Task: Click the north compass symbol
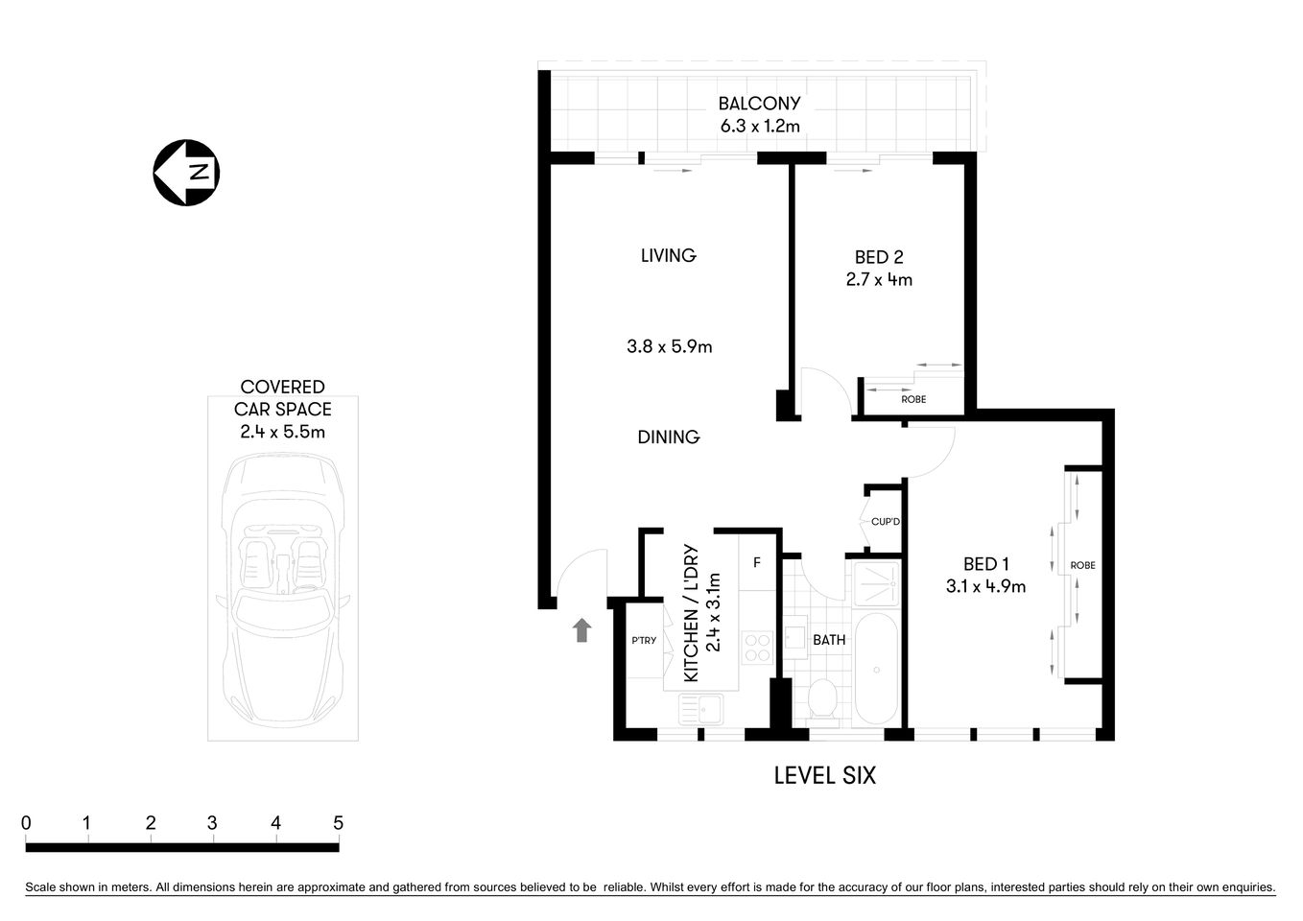pos(187,173)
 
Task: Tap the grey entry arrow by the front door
pos(581,630)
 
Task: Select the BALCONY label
pos(759,104)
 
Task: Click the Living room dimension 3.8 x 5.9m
pos(669,346)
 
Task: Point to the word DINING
pos(669,437)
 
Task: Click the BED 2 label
pos(878,257)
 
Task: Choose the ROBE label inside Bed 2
pos(913,399)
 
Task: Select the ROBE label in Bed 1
pos(1082,565)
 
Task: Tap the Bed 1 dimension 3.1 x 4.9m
pos(985,586)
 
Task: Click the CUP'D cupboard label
pos(885,522)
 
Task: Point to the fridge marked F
pos(756,562)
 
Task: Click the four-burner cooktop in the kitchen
pos(757,648)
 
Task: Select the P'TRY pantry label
pos(644,640)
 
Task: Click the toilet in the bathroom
pos(823,699)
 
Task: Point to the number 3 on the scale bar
pos(212,823)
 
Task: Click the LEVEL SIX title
pos(824,775)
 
